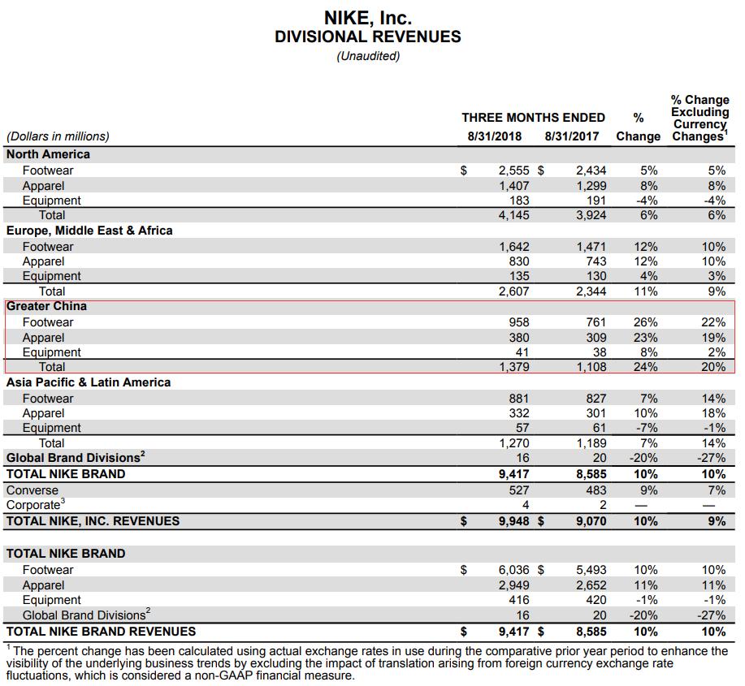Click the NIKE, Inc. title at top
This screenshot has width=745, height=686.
(367, 17)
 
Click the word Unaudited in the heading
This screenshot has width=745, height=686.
(368, 56)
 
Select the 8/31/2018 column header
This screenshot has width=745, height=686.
(495, 136)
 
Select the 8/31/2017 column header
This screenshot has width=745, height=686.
(572, 136)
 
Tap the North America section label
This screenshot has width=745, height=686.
(48, 154)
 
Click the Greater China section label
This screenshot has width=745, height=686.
(46, 307)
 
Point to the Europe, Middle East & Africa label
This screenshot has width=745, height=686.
(89, 231)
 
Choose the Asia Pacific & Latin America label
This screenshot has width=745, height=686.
(89, 382)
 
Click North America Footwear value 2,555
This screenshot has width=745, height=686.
(513, 170)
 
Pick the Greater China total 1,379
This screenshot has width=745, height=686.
(513, 367)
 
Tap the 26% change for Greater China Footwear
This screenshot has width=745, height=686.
(645, 322)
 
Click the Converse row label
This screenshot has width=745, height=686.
(32, 490)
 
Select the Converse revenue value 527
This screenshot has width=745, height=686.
(518, 490)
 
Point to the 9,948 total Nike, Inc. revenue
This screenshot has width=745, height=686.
(513, 521)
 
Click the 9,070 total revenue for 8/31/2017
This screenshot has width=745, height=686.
(591, 521)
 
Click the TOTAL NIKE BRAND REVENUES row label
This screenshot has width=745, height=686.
(101, 631)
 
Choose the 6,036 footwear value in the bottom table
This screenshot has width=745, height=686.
(513, 570)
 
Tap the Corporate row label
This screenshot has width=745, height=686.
(34, 505)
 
